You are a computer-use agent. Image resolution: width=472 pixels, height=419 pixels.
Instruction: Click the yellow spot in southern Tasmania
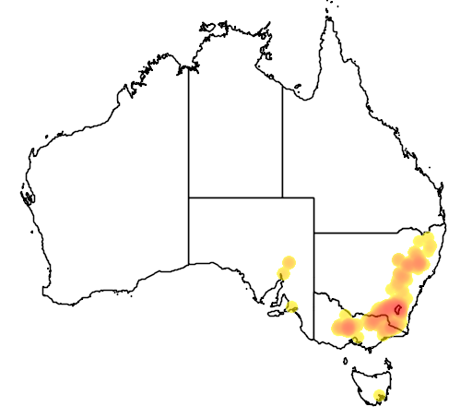tap(379, 397)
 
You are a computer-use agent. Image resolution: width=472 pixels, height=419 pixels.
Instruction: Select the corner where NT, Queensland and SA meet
tap(282, 198)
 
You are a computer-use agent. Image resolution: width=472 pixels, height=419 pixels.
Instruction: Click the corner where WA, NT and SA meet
tap(189, 198)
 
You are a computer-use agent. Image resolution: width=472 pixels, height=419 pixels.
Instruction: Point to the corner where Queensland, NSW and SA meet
tap(314, 234)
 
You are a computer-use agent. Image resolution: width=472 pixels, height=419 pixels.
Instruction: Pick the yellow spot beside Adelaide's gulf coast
tap(292, 306)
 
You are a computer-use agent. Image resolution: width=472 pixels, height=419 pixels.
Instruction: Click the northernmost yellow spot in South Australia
tap(289, 261)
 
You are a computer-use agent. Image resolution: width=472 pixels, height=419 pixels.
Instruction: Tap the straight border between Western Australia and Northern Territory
tap(189, 129)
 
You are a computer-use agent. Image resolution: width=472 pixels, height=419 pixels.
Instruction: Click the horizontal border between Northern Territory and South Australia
tap(235, 198)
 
